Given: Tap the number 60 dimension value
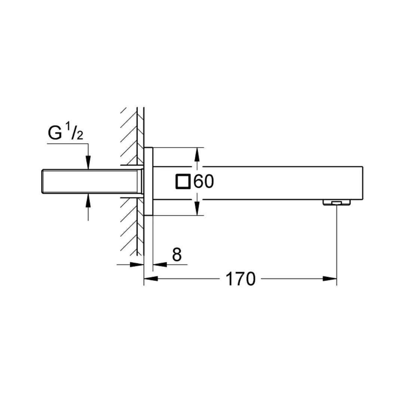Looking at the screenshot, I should (x=204, y=182).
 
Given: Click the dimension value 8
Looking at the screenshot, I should (x=177, y=255).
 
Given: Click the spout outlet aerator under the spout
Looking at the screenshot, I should (x=337, y=202).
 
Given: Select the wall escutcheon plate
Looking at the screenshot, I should (x=149, y=182).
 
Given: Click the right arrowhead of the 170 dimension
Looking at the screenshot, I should (x=331, y=279).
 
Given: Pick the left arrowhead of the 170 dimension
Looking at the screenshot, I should (x=150, y=279).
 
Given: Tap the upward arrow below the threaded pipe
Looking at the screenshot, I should (x=88, y=201).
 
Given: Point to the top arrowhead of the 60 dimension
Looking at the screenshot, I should (x=197, y=153).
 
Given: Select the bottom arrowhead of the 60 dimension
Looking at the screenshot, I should (x=197, y=210).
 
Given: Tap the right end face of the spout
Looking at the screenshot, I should (x=362, y=183).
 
